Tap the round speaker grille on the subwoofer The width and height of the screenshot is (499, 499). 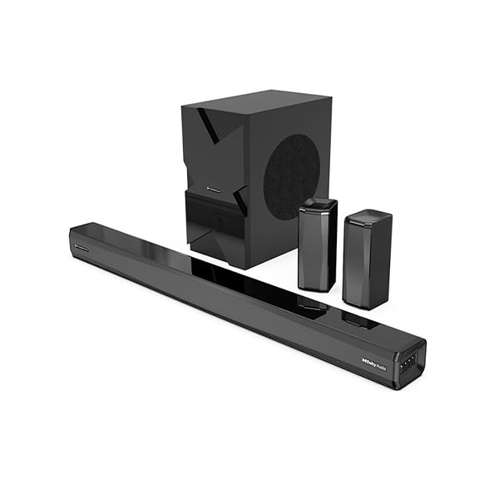(290, 175)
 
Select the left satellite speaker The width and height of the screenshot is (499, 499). (317, 246)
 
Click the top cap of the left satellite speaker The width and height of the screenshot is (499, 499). (319, 205)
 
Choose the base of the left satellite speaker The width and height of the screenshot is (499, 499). (316, 287)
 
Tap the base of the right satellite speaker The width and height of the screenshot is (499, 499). (365, 304)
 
